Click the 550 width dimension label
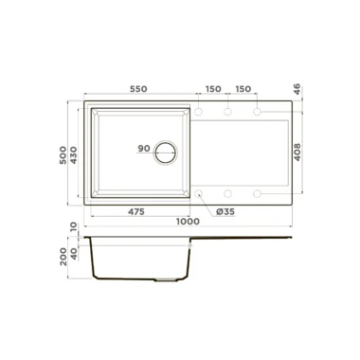click(138, 89)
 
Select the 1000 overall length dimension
click(188, 222)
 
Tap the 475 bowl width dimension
click(136, 211)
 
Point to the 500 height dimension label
click(63, 154)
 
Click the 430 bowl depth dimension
click(73, 154)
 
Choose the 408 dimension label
click(297, 153)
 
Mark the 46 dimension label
click(297, 89)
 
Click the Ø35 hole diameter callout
click(225, 211)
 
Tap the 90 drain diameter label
click(144, 149)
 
